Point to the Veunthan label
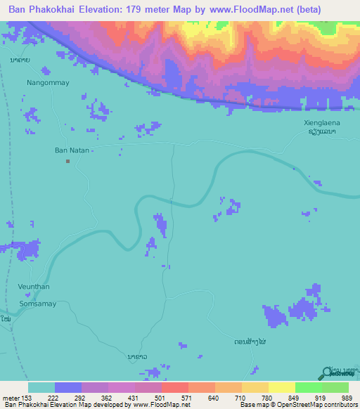tap(32, 287)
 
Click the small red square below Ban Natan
tap(68, 162)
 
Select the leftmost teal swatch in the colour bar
tap(41, 387)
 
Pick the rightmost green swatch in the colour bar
tap(335, 387)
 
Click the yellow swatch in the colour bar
tap(281, 387)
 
